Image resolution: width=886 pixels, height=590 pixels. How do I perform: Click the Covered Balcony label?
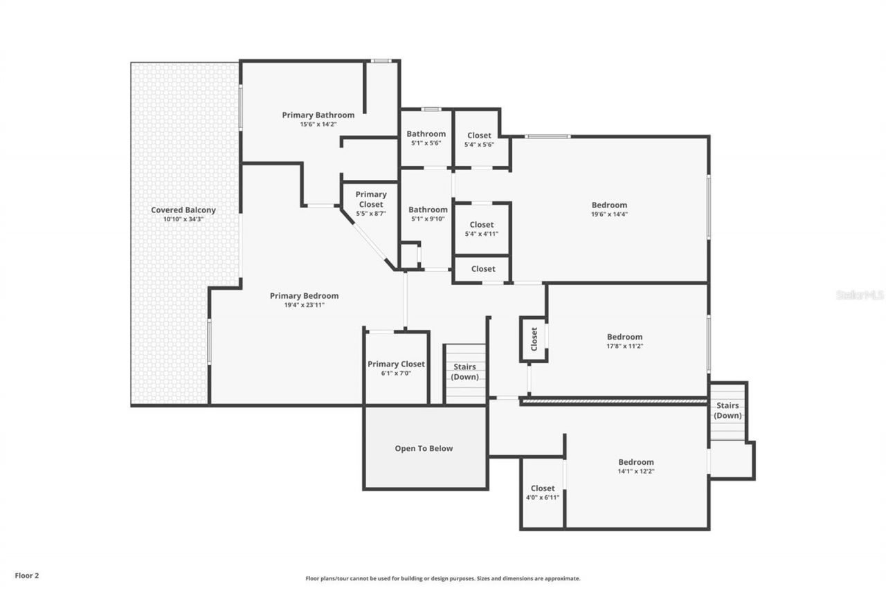(183, 210)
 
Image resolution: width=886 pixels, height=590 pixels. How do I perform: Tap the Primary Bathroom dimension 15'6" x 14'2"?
(318, 125)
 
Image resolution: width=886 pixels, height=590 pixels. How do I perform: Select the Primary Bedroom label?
(304, 296)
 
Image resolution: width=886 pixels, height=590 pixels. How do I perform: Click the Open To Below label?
(424, 448)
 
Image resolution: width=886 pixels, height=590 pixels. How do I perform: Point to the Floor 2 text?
(26, 575)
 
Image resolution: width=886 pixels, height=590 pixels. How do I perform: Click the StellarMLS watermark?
(860, 295)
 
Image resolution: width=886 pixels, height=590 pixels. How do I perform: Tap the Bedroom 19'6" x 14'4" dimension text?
(609, 214)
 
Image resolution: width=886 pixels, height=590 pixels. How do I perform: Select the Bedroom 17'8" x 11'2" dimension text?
(624, 347)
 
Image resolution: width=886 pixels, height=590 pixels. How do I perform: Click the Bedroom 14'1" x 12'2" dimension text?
(635, 471)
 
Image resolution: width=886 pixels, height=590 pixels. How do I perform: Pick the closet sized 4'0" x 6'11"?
(543, 492)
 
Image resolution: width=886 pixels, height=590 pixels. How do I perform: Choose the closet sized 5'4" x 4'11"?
(482, 229)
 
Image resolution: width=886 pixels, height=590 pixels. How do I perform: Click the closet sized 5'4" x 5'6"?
(479, 140)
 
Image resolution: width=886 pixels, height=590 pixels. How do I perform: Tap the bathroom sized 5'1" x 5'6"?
(426, 138)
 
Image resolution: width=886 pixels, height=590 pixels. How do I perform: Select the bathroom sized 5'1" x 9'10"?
(427, 214)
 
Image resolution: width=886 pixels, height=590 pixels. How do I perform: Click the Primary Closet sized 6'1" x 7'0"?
(396, 368)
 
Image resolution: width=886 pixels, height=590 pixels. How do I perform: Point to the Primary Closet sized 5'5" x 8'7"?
(371, 204)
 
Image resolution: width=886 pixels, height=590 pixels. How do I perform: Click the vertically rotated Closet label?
(534, 339)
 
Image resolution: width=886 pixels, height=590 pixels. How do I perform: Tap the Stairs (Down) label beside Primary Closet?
(464, 371)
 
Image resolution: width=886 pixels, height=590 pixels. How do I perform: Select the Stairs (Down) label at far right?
(727, 410)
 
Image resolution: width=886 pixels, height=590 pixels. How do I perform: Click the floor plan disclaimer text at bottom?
(443, 578)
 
